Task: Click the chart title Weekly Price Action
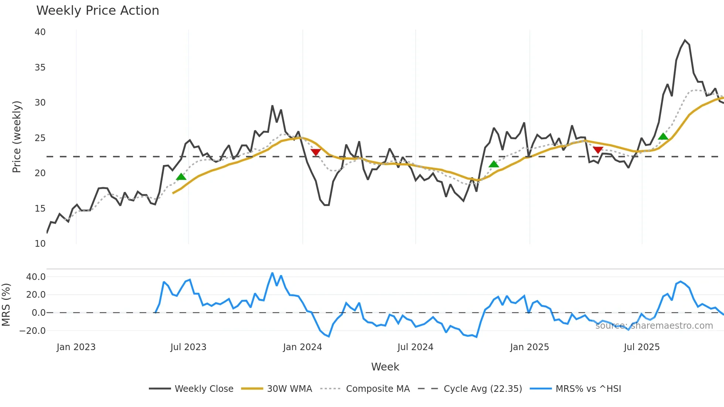point(98,11)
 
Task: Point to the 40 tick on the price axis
point(40,32)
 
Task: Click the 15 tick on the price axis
point(40,209)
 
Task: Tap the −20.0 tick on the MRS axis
point(33,331)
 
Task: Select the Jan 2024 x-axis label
point(303,347)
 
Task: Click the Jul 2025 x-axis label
point(642,347)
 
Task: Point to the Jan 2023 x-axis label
point(76,347)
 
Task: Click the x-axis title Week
point(385,367)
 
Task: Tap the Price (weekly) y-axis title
point(17,137)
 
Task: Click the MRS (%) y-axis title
point(6,305)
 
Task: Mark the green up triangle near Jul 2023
point(181,177)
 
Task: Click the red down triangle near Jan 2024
point(315,152)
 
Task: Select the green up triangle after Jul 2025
point(663,137)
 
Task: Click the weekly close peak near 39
point(685,40)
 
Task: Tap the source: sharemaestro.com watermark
point(654,326)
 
